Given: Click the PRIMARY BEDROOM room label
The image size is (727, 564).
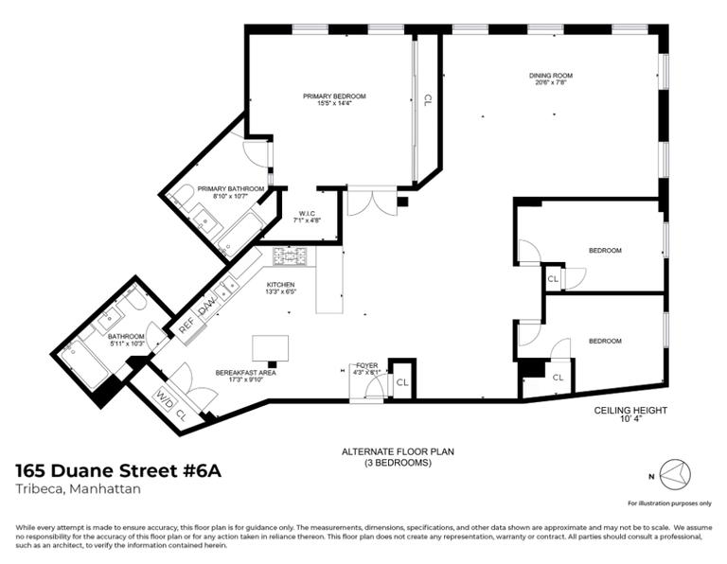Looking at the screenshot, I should click(x=334, y=96).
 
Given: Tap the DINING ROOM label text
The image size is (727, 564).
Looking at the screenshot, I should click(x=550, y=76).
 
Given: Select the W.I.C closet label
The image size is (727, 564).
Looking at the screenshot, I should click(x=308, y=213).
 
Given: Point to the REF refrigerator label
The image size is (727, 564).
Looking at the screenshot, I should click(x=186, y=321).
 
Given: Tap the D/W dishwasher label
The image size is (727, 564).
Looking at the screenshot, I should click(x=207, y=305).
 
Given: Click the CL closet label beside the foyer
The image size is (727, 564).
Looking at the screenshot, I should click(x=402, y=382).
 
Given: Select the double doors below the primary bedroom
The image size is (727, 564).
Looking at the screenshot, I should click(x=372, y=203).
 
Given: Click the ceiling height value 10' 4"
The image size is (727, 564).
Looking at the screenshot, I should click(x=630, y=421).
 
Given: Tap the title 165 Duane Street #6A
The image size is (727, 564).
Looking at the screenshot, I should click(x=119, y=470).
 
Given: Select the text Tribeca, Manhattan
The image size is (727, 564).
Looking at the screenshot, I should click(x=79, y=489).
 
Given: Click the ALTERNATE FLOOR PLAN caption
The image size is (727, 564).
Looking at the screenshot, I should click(x=398, y=451).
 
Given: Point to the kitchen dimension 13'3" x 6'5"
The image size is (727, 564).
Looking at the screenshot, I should click(x=280, y=293).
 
